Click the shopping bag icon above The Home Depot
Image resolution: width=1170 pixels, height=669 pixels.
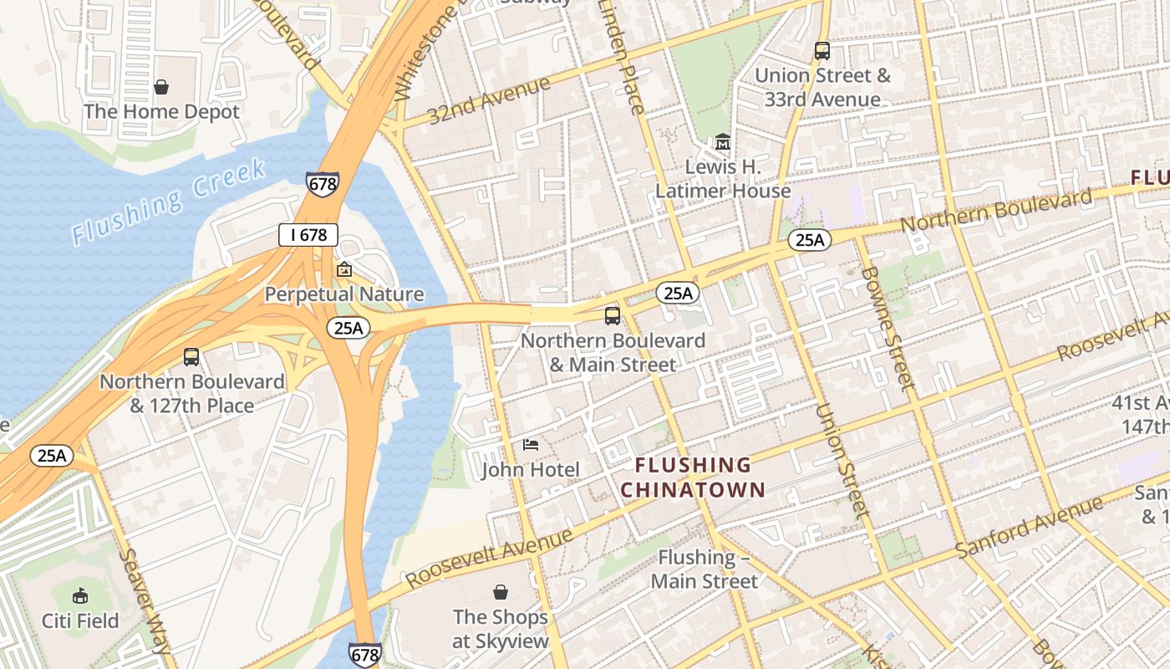(x=161, y=87)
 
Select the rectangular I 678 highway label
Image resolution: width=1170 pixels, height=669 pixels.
(x=308, y=235)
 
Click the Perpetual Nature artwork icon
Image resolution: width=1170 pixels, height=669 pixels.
(x=343, y=269)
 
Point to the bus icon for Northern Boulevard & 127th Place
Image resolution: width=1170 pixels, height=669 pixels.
(x=191, y=357)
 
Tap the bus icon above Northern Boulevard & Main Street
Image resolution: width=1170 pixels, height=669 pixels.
(x=613, y=315)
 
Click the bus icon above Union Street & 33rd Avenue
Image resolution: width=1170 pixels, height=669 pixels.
(x=822, y=50)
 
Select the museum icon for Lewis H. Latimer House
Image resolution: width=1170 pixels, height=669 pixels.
(x=723, y=142)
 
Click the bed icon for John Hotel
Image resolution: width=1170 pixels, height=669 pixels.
(x=531, y=444)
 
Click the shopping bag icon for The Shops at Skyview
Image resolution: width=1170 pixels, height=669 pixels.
(x=501, y=592)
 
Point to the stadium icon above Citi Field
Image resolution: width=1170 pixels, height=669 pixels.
(x=80, y=595)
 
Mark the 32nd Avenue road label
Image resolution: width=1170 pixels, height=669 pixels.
(x=490, y=100)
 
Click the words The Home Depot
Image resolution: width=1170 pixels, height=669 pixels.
(x=161, y=111)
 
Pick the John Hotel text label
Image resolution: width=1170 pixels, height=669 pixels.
(x=531, y=469)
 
